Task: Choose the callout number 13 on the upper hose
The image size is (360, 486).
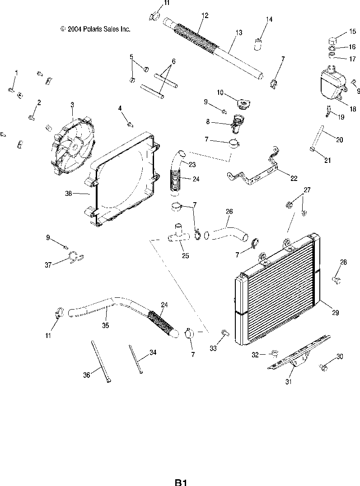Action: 239,32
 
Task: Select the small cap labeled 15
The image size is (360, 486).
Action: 333,40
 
